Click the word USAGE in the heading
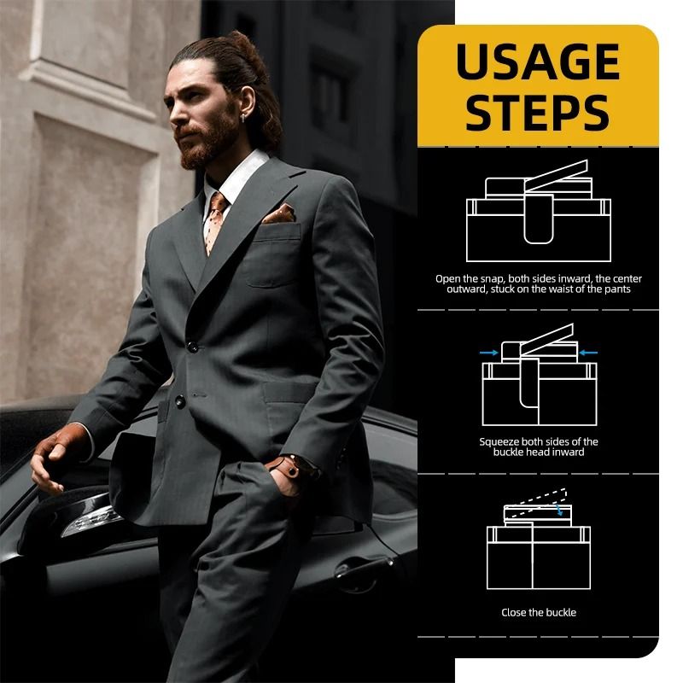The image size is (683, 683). tap(538, 61)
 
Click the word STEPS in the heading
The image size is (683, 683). tap(537, 113)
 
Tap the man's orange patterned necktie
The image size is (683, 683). tap(215, 221)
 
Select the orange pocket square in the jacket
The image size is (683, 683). tap(279, 213)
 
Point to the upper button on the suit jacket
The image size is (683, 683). tap(192, 347)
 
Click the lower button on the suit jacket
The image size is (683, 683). tap(180, 401)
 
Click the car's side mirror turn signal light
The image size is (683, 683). tap(91, 520)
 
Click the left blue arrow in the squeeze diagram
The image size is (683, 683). tap(488, 353)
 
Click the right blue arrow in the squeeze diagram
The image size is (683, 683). tap(588, 353)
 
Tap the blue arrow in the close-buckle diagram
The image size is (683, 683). tap(559, 510)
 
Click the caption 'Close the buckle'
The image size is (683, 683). tap(539, 612)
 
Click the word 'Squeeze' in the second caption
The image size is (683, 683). tap(499, 442)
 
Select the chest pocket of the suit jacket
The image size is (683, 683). tap(272, 256)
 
